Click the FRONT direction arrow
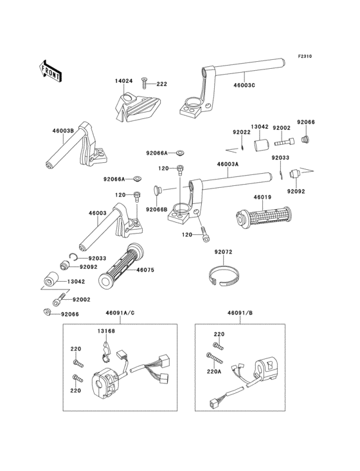tap(50, 71)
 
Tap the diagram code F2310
tap(305, 56)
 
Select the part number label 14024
tap(123, 81)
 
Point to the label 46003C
tap(244, 85)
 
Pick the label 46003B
tap(63, 131)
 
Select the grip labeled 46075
tap(121, 264)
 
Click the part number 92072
tap(223, 252)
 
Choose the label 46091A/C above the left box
tap(120, 313)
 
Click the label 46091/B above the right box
tap(240, 313)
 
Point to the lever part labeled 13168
tap(105, 350)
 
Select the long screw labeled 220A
tap(215, 358)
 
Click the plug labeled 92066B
tap(157, 190)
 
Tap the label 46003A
tap(228, 164)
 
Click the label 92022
tap(242, 132)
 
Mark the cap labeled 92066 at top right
tap(306, 139)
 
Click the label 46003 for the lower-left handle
tap(98, 213)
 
